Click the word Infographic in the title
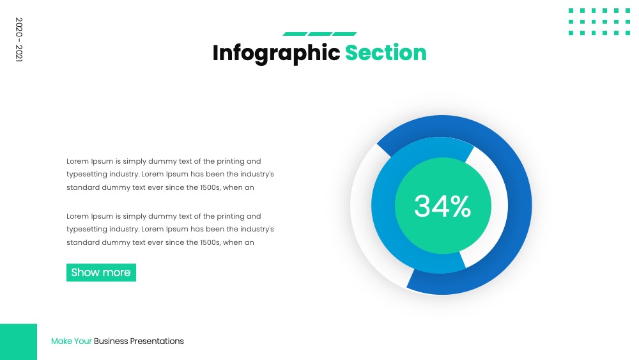click(276, 54)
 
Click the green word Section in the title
click(385, 53)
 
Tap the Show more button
click(101, 272)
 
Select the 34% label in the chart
click(443, 206)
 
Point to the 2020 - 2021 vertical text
click(19, 40)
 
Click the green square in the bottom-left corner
click(19, 341)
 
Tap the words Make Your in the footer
click(72, 341)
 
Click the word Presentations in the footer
click(157, 341)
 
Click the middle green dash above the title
click(320, 34)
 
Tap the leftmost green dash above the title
click(295, 34)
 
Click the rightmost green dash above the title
click(344, 34)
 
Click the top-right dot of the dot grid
click(627, 11)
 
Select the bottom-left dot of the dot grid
click(571, 33)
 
